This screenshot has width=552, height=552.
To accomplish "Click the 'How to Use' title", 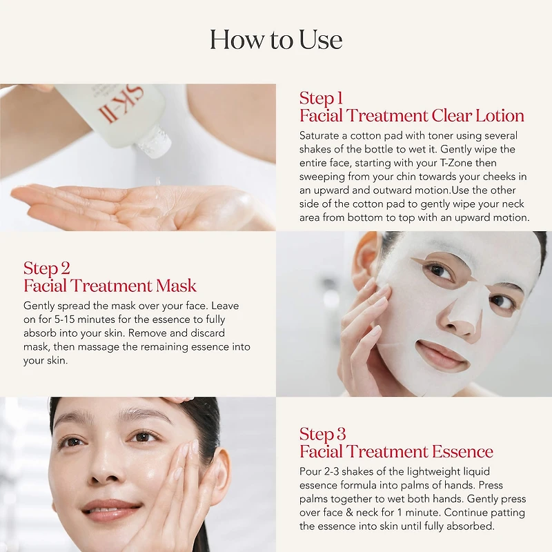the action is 276,39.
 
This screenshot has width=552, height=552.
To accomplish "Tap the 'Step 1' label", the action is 321,98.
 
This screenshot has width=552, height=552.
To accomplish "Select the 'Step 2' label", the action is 47,268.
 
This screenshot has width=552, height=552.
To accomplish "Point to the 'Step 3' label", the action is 322,434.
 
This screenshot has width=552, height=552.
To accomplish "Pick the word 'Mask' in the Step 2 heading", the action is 176,286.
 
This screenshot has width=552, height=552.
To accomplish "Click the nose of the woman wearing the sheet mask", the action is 461,319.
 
